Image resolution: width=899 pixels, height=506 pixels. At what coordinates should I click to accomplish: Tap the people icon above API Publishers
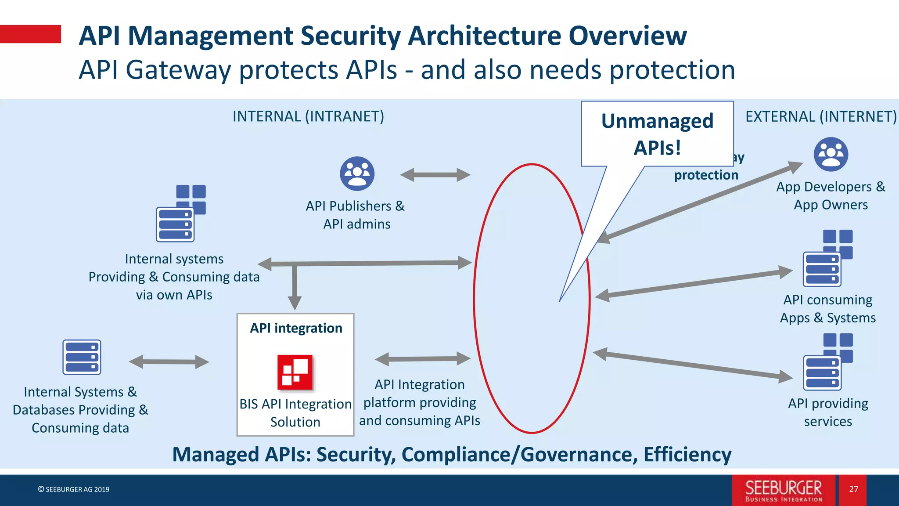pos(357,173)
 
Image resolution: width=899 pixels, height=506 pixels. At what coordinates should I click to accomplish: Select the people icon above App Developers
pos(831,154)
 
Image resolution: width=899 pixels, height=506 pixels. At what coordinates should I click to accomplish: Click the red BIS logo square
pos(295,372)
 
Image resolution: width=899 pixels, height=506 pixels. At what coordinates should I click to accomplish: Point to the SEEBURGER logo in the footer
pos(784,490)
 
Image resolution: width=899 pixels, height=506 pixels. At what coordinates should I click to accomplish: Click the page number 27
pos(853,489)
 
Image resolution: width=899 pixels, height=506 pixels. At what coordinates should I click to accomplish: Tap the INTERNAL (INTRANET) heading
pos(308,116)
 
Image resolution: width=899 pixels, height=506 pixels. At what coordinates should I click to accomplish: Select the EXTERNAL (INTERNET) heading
pos(821,116)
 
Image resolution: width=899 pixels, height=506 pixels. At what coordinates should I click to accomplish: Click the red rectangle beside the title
pos(30,34)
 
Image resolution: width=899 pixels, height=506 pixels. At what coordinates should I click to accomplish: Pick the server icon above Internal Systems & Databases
pos(82,357)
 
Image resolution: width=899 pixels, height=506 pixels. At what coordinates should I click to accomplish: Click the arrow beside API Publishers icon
pos(435,175)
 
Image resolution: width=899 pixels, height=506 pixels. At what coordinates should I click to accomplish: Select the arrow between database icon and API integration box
pos(169,362)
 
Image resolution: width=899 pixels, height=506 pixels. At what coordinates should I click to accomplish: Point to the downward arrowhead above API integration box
pos(295,302)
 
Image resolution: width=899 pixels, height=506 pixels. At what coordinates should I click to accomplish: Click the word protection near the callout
pos(706,175)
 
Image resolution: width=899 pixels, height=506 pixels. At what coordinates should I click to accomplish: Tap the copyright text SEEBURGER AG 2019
pos(74,489)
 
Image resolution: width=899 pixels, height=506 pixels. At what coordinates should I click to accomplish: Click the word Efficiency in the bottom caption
pos(687,455)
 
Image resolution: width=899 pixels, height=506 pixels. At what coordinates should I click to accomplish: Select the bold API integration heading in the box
pos(296,328)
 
